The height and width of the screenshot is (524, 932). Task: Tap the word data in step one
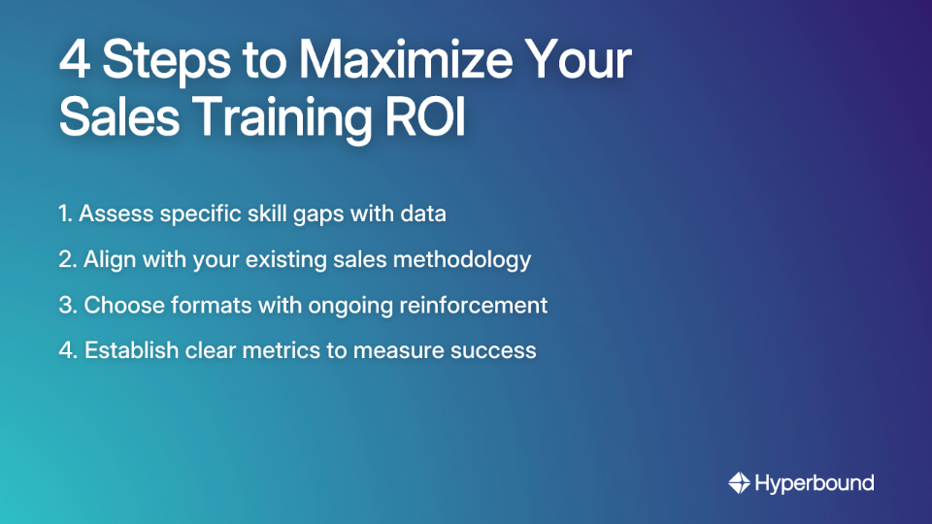point(422,214)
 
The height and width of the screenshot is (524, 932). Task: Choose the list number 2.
point(66,260)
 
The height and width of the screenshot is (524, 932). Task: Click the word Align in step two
point(108,260)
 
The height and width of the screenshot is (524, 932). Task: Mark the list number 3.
point(66,305)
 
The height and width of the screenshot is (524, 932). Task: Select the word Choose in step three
point(119,305)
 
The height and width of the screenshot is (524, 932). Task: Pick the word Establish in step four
point(126,350)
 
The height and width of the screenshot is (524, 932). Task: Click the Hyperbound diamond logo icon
point(739,482)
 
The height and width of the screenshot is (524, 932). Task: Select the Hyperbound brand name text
point(815,483)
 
